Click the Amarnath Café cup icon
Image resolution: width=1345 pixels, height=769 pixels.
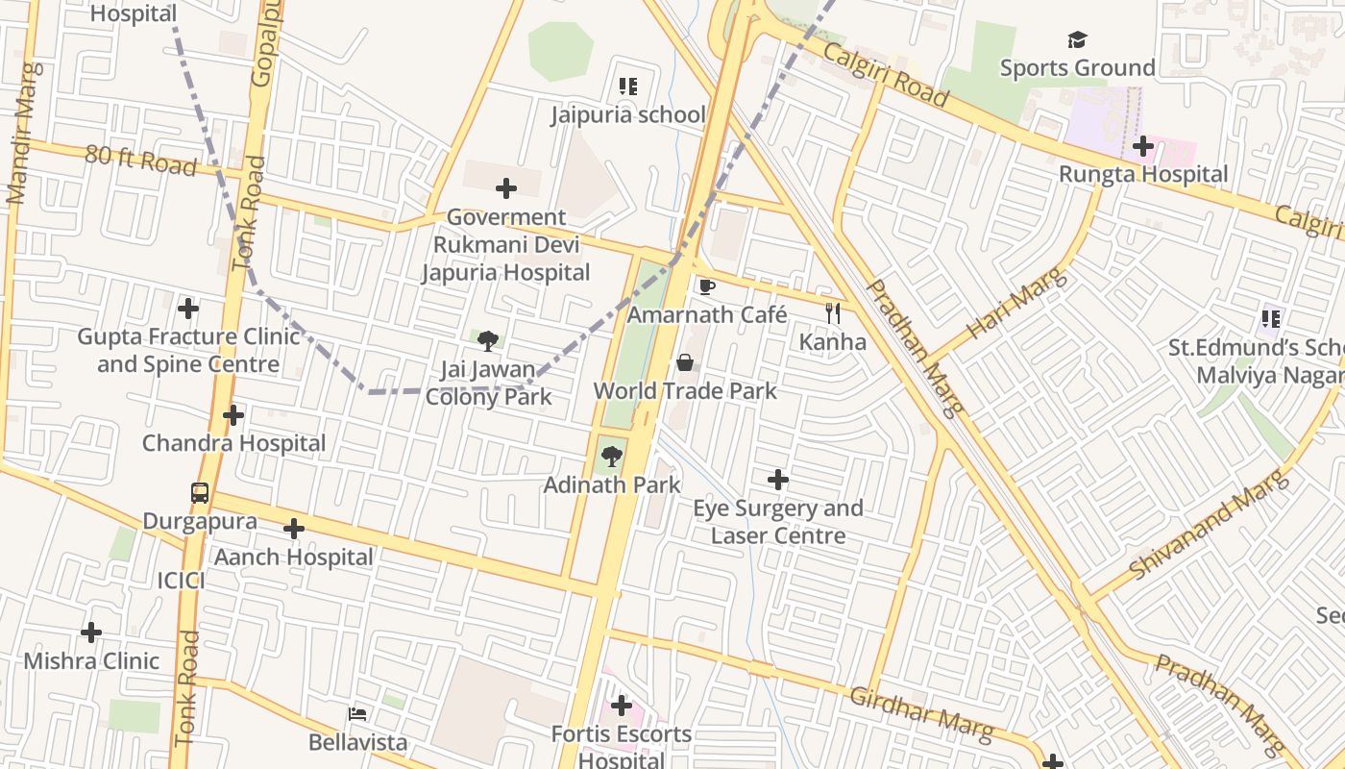tap(707, 286)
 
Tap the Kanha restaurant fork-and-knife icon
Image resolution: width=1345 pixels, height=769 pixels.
tap(833, 312)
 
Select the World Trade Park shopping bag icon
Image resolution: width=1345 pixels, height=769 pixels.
tap(685, 362)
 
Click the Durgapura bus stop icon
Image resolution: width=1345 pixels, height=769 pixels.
tap(200, 493)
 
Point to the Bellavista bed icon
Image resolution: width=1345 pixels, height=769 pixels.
tap(357, 714)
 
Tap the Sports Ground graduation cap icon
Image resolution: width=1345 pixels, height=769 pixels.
tap(1077, 40)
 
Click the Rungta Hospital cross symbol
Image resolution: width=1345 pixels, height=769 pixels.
tap(1143, 146)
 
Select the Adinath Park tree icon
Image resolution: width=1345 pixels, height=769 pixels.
tap(611, 457)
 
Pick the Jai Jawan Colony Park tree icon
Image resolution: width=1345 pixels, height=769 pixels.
tap(488, 341)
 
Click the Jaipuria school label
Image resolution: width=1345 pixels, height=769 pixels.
tap(628, 115)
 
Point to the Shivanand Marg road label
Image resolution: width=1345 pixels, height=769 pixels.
tap(1209, 525)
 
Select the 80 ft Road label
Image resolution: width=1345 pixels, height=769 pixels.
tap(140, 160)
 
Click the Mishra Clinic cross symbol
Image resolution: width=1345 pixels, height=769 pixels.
tap(91, 633)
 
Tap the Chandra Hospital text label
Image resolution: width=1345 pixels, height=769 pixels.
tap(234, 444)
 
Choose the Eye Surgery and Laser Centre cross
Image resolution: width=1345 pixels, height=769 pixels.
tap(778, 480)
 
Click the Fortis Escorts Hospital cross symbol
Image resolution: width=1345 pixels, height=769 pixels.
tap(622, 707)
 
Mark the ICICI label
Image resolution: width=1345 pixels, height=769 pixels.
tap(182, 581)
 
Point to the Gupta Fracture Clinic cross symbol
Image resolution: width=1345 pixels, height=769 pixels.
tap(188, 309)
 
